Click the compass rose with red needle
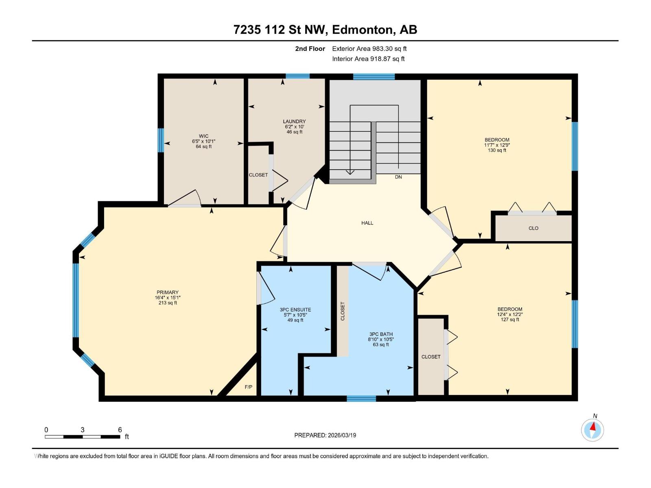pos(592,429)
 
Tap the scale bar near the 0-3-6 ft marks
pos(82,437)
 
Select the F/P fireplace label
pos(248,387)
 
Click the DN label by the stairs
pos(398,177)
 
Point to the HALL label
pos(367,223)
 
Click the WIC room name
pos(203,136)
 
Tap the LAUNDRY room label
pos(294,122)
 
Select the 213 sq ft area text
pos(168,303)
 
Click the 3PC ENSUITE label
pos(295,310)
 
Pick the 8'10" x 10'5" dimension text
pos(381,340)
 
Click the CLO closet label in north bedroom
pos(533,228)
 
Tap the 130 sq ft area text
pos(497,150)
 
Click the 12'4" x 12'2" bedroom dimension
pos(509,314)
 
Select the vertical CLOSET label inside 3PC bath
pos(343,311)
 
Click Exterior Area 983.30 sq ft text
pos(369,49)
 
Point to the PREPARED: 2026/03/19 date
pos(325,435)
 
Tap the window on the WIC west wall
pos(161,140)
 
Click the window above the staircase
pos(374,76)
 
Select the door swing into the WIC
pos(185,199)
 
